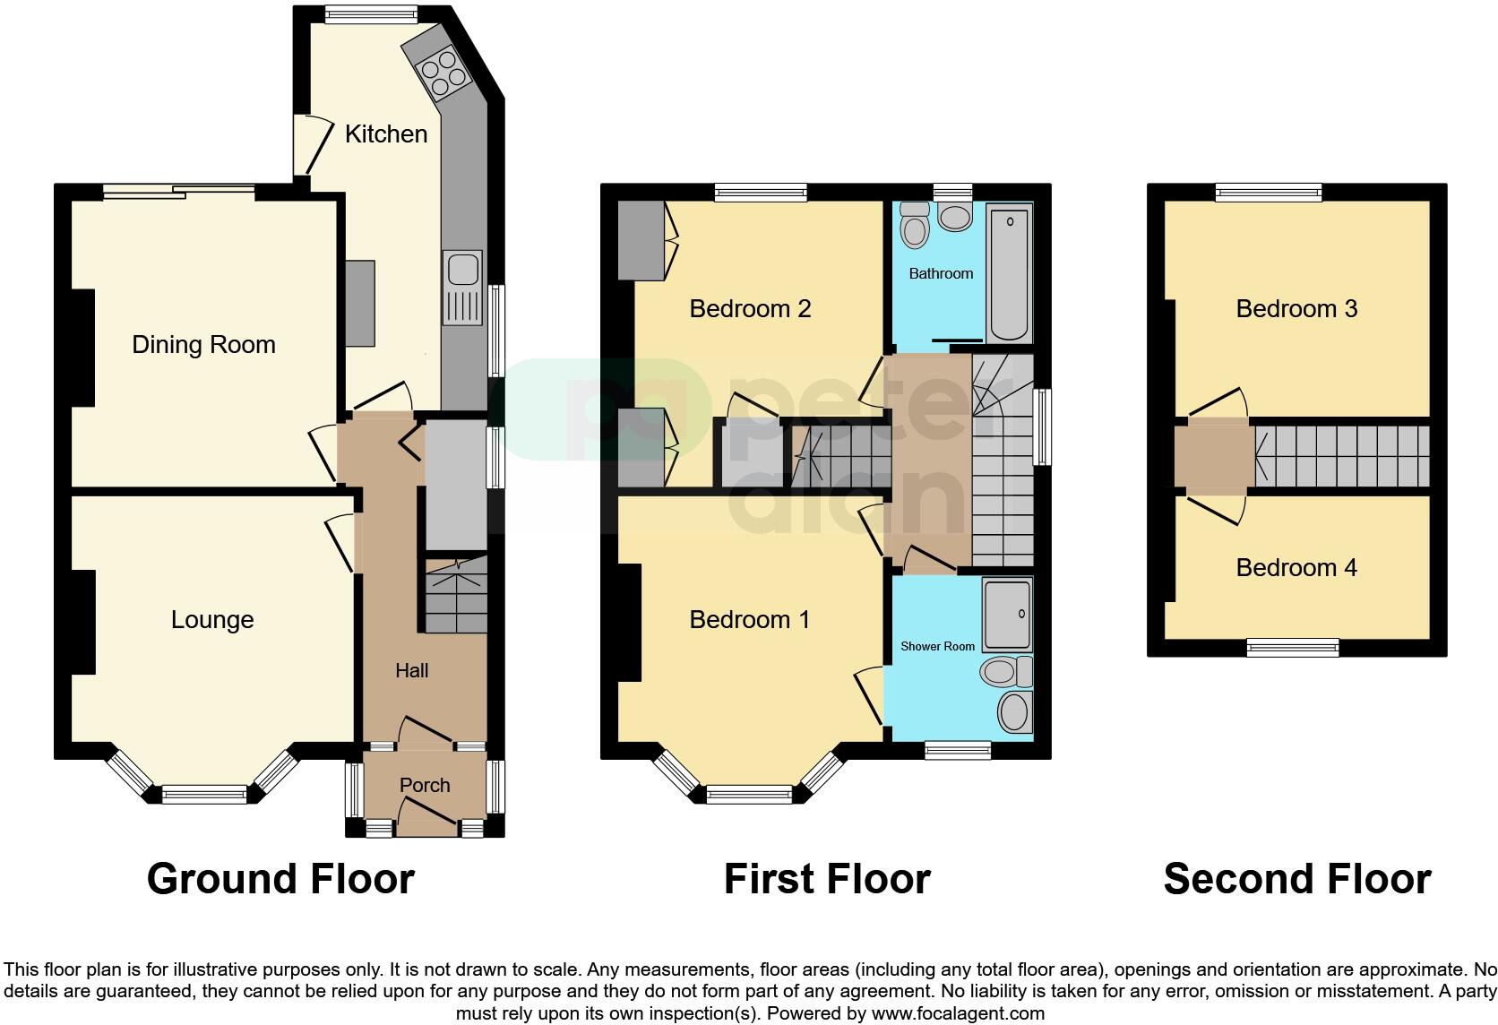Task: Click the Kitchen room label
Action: tap(386, 134)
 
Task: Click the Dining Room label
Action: tap(203, 345)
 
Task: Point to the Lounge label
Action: tap(212, 620)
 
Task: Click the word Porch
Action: tap(425, 786)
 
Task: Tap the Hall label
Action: tap(412, 670)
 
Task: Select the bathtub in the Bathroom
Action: tap(1010, 273)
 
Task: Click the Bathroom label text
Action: tap(941, 274)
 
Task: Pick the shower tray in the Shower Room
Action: tap(1007, 615)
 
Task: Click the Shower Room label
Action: tap(937, 646)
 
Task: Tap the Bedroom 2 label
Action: tap(750, 309)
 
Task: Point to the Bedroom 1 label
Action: tap(750, 620)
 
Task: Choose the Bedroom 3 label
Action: tap(1296, 309)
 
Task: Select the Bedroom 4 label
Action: tap(1296, 568)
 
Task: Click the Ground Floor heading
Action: tap(280, 879)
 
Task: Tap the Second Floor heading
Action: tap(1296, 879)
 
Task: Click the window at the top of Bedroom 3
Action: tap(1268, 192)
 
